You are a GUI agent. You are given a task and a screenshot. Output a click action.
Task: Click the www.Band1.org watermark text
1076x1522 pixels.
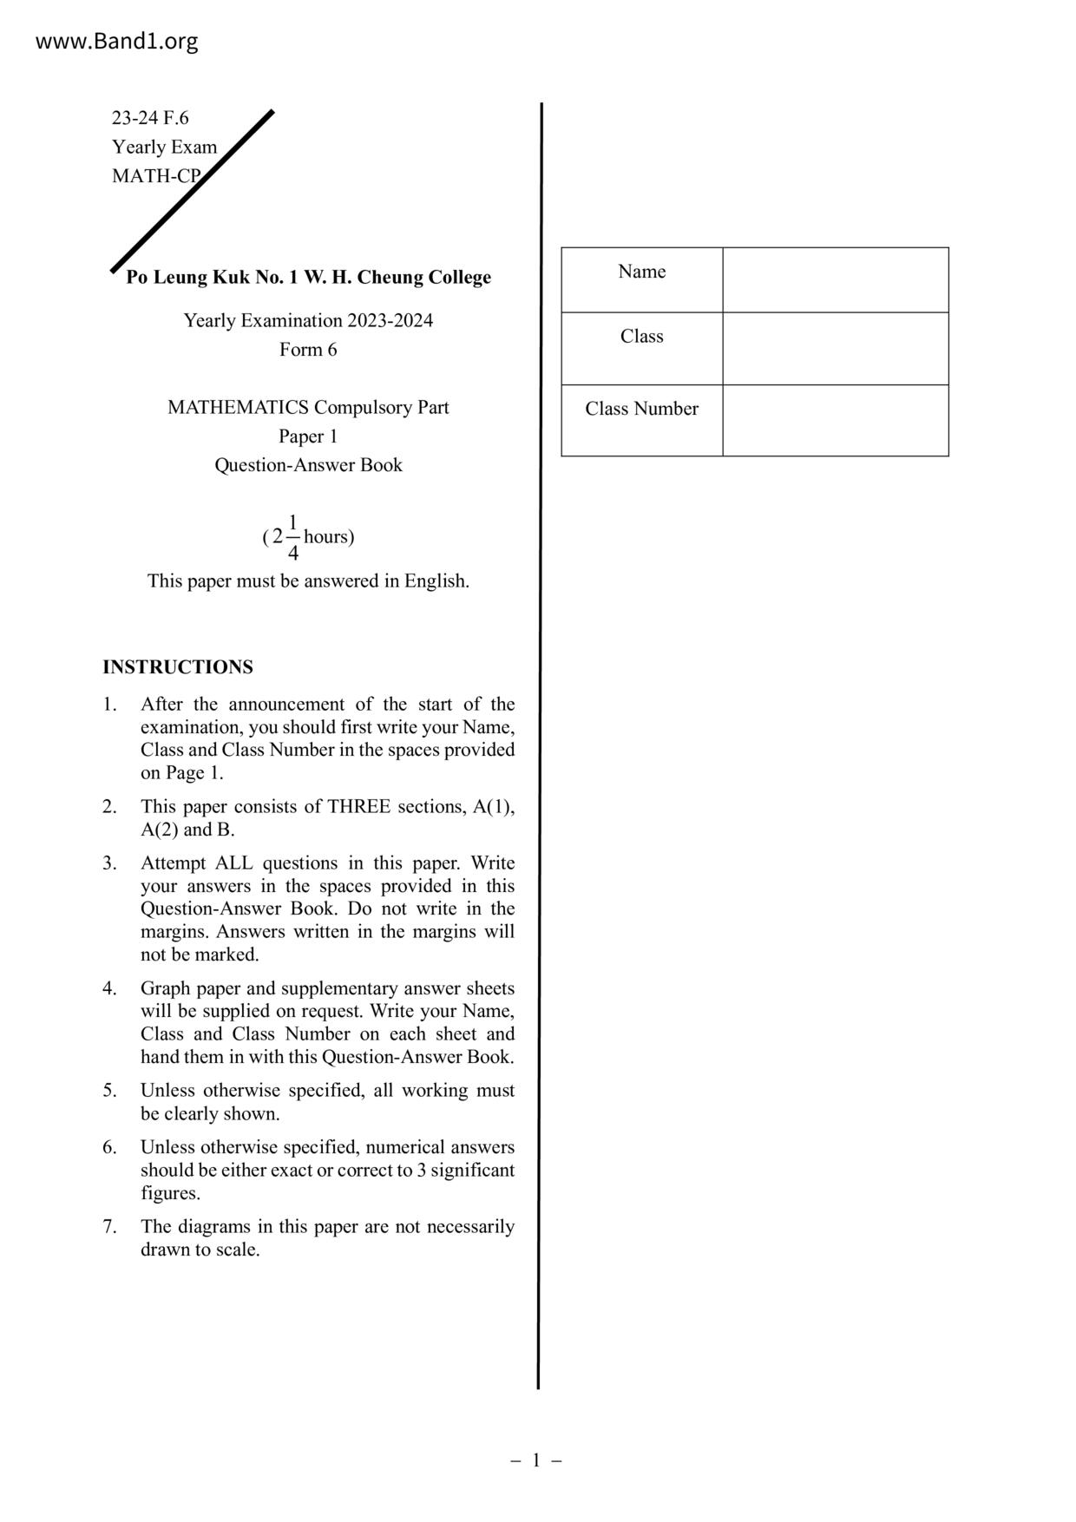116,41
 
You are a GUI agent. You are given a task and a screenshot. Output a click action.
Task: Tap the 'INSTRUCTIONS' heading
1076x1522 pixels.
178,667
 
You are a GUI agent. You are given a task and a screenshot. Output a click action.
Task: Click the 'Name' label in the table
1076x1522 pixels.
642,272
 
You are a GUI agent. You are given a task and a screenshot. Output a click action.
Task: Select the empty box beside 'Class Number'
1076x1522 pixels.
835,420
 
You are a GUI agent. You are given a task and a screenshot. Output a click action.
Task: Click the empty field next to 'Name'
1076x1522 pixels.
835,279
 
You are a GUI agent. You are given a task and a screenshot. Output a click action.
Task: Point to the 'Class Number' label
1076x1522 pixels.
641,409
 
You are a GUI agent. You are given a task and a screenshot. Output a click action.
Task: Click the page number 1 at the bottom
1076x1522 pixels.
536,1460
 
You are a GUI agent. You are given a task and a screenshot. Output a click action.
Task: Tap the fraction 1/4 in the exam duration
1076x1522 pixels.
293,537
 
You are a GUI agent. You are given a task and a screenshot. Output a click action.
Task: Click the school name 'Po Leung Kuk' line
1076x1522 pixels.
308,278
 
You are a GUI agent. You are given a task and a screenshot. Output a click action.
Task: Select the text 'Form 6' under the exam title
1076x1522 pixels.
308,350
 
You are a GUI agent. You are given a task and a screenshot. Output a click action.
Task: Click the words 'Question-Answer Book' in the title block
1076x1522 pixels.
308,465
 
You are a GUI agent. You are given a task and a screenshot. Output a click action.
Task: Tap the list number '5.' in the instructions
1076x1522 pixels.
109,1091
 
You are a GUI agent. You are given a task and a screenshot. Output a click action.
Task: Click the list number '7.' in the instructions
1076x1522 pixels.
109,1227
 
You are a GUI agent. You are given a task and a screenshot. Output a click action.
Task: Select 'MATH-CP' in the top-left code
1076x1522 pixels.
156,176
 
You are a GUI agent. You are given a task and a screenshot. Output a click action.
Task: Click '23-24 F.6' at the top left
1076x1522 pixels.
150,118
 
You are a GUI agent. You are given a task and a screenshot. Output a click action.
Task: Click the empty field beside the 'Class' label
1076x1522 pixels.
835,348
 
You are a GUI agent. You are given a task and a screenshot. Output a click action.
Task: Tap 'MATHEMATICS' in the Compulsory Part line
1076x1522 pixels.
238,407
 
